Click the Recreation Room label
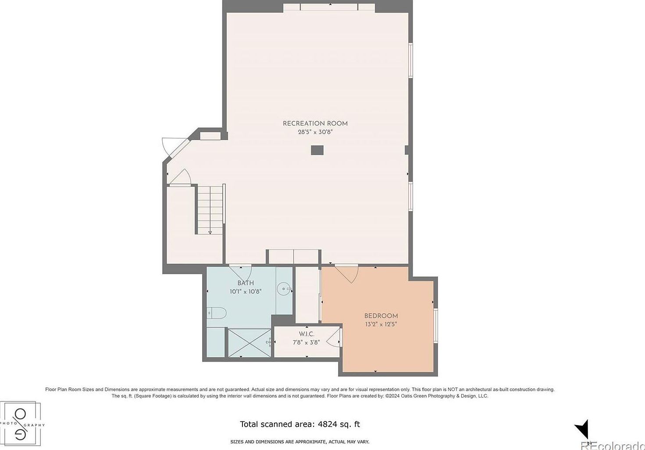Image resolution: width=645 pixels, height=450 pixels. (315, 123)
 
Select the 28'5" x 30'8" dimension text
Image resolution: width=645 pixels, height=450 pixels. (315, 132)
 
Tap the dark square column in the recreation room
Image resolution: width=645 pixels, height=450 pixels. (317, 150)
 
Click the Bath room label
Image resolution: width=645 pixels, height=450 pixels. (246, 283)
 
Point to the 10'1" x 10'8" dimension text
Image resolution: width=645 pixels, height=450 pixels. (246, 292)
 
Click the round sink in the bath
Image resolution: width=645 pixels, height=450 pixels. (284, 288)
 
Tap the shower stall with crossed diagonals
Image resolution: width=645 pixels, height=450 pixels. (248, 342)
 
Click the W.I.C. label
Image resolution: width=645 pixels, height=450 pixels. (306, 334)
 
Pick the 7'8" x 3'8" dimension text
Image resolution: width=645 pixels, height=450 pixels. (306, 342)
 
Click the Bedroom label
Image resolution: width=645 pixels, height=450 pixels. (381, 316)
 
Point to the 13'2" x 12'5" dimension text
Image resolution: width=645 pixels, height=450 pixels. (381, 324)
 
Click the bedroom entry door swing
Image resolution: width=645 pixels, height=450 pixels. (347, 274)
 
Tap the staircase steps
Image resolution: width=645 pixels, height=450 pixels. (210, 209)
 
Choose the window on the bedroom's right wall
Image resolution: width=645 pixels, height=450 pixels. (435, 326)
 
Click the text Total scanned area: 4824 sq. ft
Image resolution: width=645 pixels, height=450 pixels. (300, 424)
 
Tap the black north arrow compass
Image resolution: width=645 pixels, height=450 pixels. (582, 429)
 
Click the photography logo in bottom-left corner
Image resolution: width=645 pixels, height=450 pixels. (21, 424)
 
